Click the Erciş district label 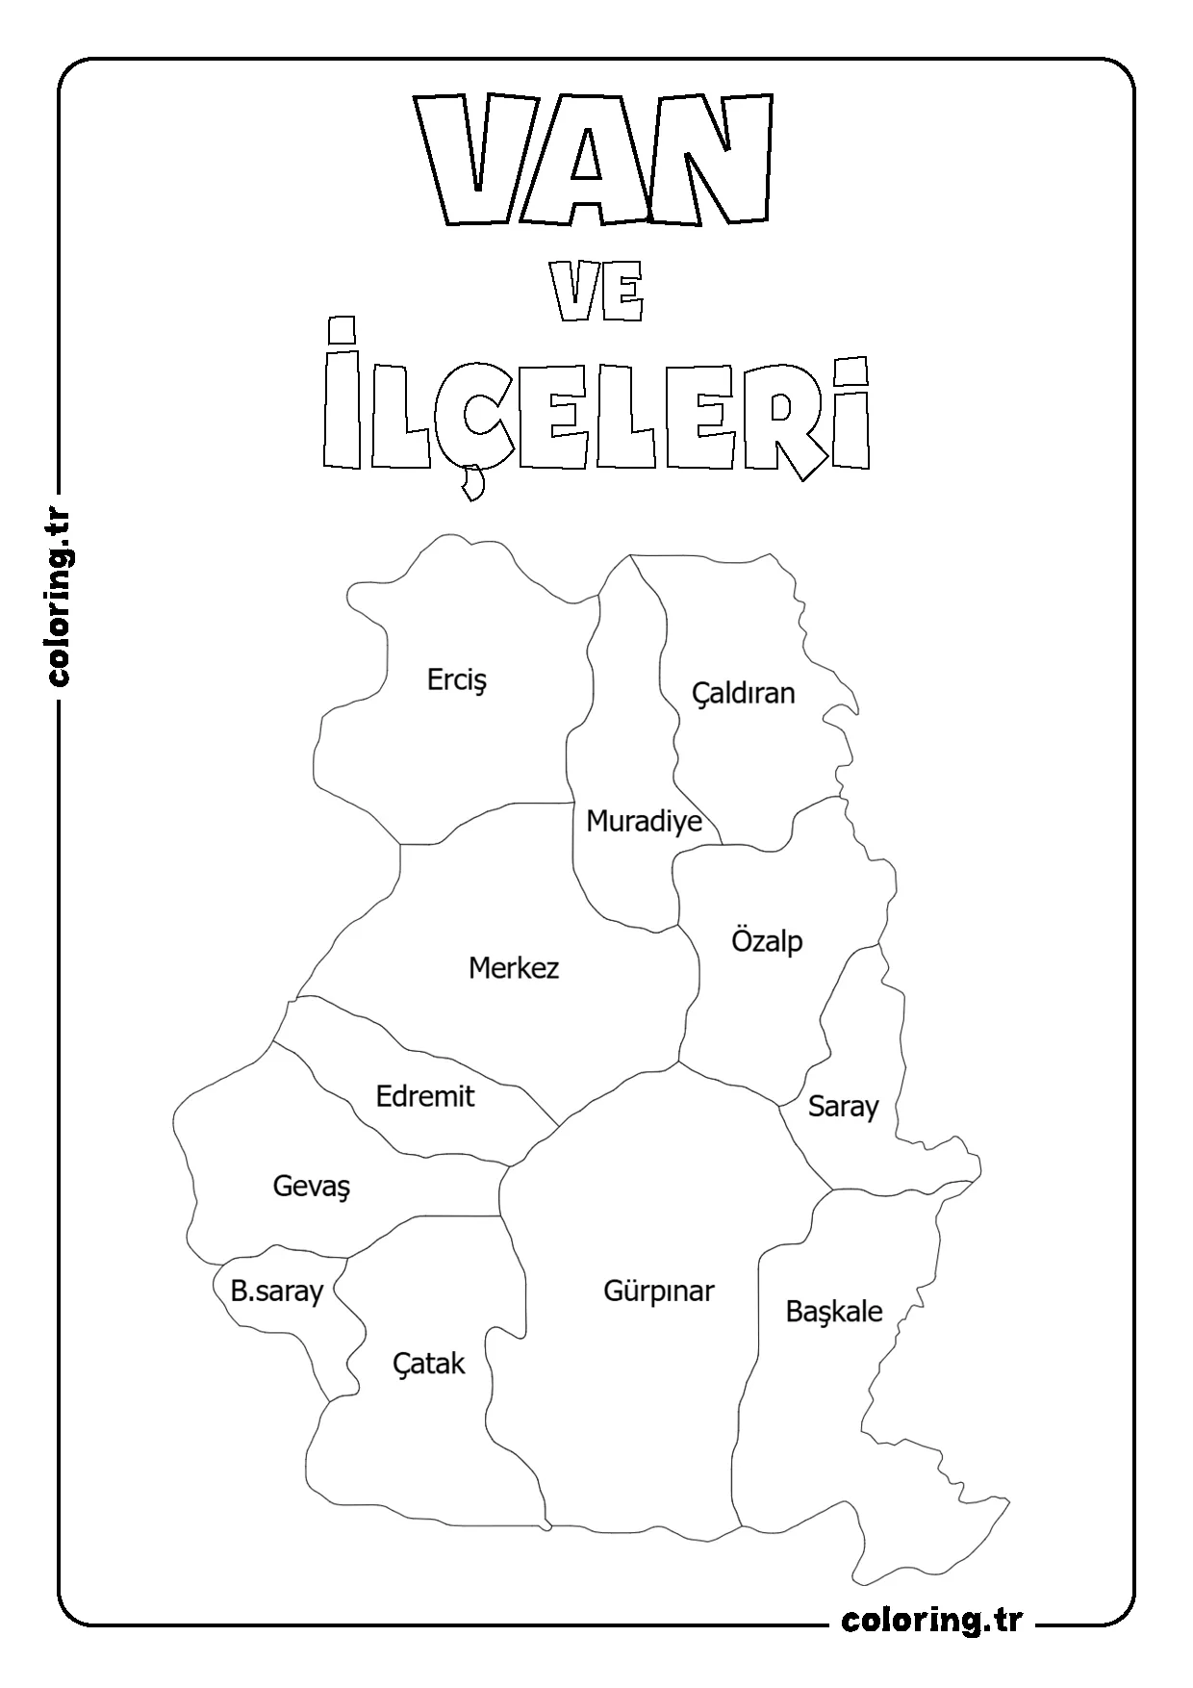pyautogui.click(x=457, y=680)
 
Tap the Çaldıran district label pyautogui.click(x=744, y=693)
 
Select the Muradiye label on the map pyautogui.click(x=644, y=822)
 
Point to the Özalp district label pyautogui.click(x=767, y=941)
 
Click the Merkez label pyautogui.click(x=514, y=968)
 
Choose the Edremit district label pyautogui.click(x=425, y=1096)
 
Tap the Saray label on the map pyautogui.click(x=843, y=1107)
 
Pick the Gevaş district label pyautogui.click(x=312, y=1186)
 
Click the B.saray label pyautogui.click(x=276, y=1291)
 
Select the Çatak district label pyautogui.click(x=429, y=1364)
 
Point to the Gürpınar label pyautogui.click(x=659, y=1291)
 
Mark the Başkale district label pyautogui.click(x=834, y=1312)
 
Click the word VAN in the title pyautogui.click(x=595, y=159)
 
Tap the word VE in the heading pyautogui.click(x=597, y=293)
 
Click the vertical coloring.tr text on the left pyautogui.click(x=60, y=598)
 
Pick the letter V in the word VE pyautogui.click(x=573, y=293)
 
